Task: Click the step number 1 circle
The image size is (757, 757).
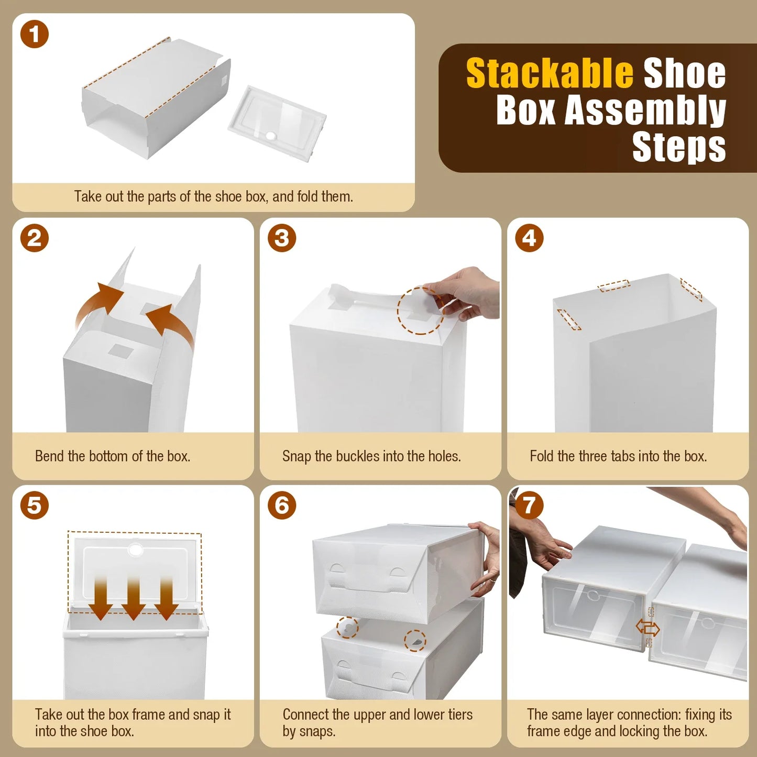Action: click(x=35, y=34)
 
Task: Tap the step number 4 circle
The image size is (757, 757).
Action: click(x=529, y=238)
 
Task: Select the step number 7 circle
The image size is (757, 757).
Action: click(x=529, y=505)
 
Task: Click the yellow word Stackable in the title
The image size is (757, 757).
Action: click(x=550, y=73)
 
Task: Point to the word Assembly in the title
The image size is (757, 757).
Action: click(x=645, y=111)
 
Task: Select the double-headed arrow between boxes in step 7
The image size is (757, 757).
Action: click(x=648, y=627)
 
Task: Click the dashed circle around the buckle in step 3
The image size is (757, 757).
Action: click(x=420, y=310)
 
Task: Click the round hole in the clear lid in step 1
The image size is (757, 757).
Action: click(x=271, y=136)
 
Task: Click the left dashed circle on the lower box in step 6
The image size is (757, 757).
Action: click(x=347, y=627)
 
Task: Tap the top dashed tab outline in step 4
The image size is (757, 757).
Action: click(x=614, y=286)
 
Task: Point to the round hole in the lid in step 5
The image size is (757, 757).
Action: click(x=136, y=550)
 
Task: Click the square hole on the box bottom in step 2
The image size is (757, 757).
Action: click(x=122, y=351)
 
